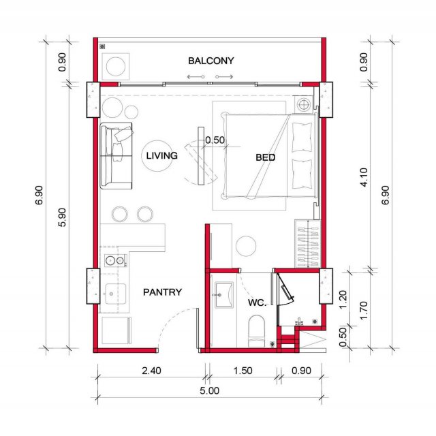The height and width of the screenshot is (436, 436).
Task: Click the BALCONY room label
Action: coord(211,61)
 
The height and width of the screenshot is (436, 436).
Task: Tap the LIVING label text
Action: coord(162,155)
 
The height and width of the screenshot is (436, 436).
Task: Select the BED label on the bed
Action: coord(265,157)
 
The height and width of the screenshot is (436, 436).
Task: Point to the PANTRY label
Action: coord(162,292)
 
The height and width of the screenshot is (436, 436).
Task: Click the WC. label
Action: coord(257,302)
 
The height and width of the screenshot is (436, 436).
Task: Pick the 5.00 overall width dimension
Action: coord(209,390)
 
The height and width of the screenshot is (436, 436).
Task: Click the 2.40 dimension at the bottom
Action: coord(151,371)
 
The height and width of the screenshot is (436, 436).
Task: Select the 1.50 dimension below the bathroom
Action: coord(243,371)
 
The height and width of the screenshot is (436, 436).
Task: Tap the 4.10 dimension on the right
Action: coord(364,177)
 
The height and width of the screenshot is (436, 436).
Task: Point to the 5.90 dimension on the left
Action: coord(62,217)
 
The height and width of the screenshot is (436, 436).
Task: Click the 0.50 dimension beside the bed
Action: coord(215,140)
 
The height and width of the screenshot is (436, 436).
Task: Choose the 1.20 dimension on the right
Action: coord(343,299)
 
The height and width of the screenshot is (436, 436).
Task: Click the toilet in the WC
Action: coord(256,331)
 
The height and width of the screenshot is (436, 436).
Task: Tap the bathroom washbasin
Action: coord(224,295)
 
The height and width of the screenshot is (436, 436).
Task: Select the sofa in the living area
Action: coord(116,156)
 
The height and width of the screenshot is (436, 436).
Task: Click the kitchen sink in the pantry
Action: coord(115,294)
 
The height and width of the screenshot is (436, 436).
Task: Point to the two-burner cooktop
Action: coord(115,260)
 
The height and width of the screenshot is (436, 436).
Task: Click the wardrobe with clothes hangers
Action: coord(308,244)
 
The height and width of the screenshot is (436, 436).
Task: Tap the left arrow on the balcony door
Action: coord(196,77)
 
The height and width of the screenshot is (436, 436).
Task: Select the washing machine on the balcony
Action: coord(116,67)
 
